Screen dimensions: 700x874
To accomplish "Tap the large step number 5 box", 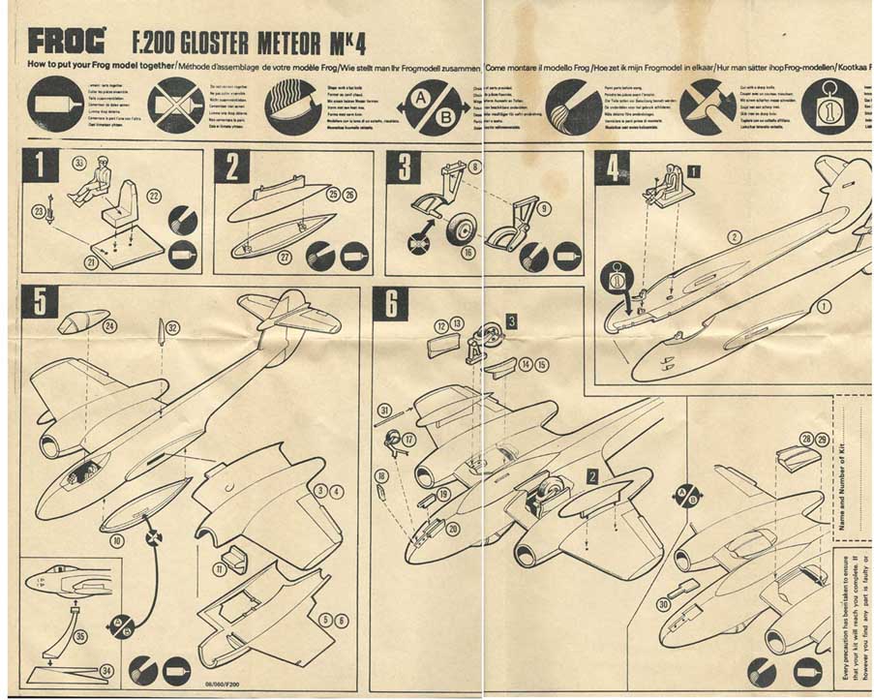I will click(x=40, y=302).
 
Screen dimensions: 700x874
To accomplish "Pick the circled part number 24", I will click(x=109, y=326).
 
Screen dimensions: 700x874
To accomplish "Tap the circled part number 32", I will click(x=171, y=327).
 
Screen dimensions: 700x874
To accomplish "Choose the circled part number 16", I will click(x=468, y=254).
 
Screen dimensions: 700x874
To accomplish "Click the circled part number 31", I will click(x=384, y=411).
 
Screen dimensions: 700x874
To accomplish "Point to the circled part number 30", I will click(x=662, y=604).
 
